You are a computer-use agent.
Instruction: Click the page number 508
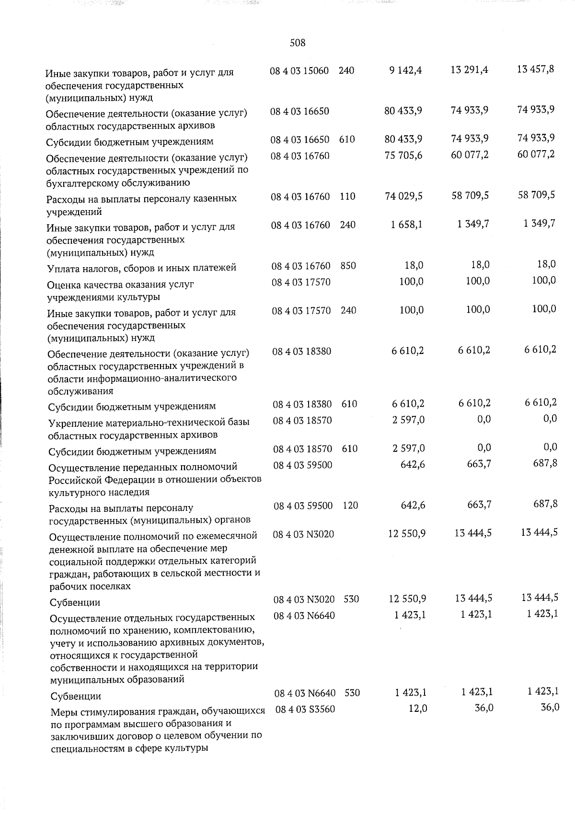298,43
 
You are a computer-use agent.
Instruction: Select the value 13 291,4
469,70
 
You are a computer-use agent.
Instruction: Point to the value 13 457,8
536,69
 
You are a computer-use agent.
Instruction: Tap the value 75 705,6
403,155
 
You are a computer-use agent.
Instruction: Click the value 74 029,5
403,196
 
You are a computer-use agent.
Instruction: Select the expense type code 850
348,265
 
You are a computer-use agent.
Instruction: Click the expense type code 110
347,196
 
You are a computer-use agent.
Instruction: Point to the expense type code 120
350,506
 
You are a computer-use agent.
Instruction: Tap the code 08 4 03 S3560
305,709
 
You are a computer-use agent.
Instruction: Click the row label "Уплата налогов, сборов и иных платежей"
141,268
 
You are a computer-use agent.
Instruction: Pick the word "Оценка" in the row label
64,284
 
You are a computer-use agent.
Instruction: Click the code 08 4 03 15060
299,71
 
